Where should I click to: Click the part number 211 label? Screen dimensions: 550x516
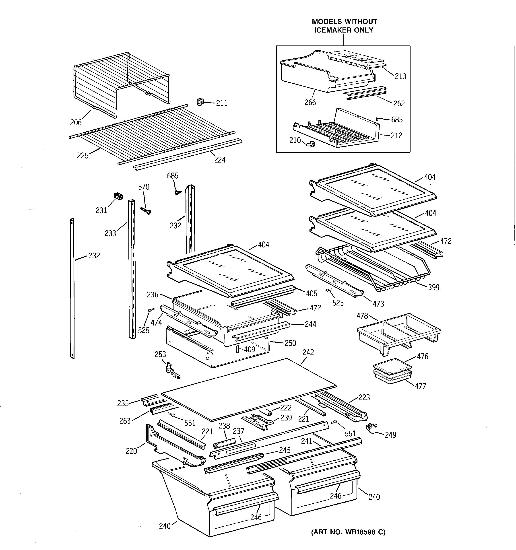pyautogui.click(x=221, y=103)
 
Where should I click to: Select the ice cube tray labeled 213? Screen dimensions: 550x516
pyautogui.click(x=356, y=61)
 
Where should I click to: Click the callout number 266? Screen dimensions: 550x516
pyautogui.click(x=310, y=102)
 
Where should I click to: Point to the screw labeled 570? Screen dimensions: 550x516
pyautogui.click(x=146, y=211)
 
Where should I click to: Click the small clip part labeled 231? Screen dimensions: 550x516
pyautogui.click(x=118, y=196)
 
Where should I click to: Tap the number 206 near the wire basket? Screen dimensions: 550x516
pyautogui.click(x=76, y=122)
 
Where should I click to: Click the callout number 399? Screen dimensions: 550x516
pyautogui.click(x=433, y=287)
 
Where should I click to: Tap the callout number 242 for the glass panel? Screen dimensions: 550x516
pyautogui.click(x=308, y=352)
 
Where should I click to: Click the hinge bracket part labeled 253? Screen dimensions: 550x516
pyautogui.click(x=171, y=371)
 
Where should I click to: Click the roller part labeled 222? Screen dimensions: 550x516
pyautogui.click(x=268, y=412)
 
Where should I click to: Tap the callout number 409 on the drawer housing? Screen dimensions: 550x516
pyautogui.click(x=249, y=349)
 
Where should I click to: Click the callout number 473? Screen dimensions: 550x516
pyautogui.click(x=378, y=304)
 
